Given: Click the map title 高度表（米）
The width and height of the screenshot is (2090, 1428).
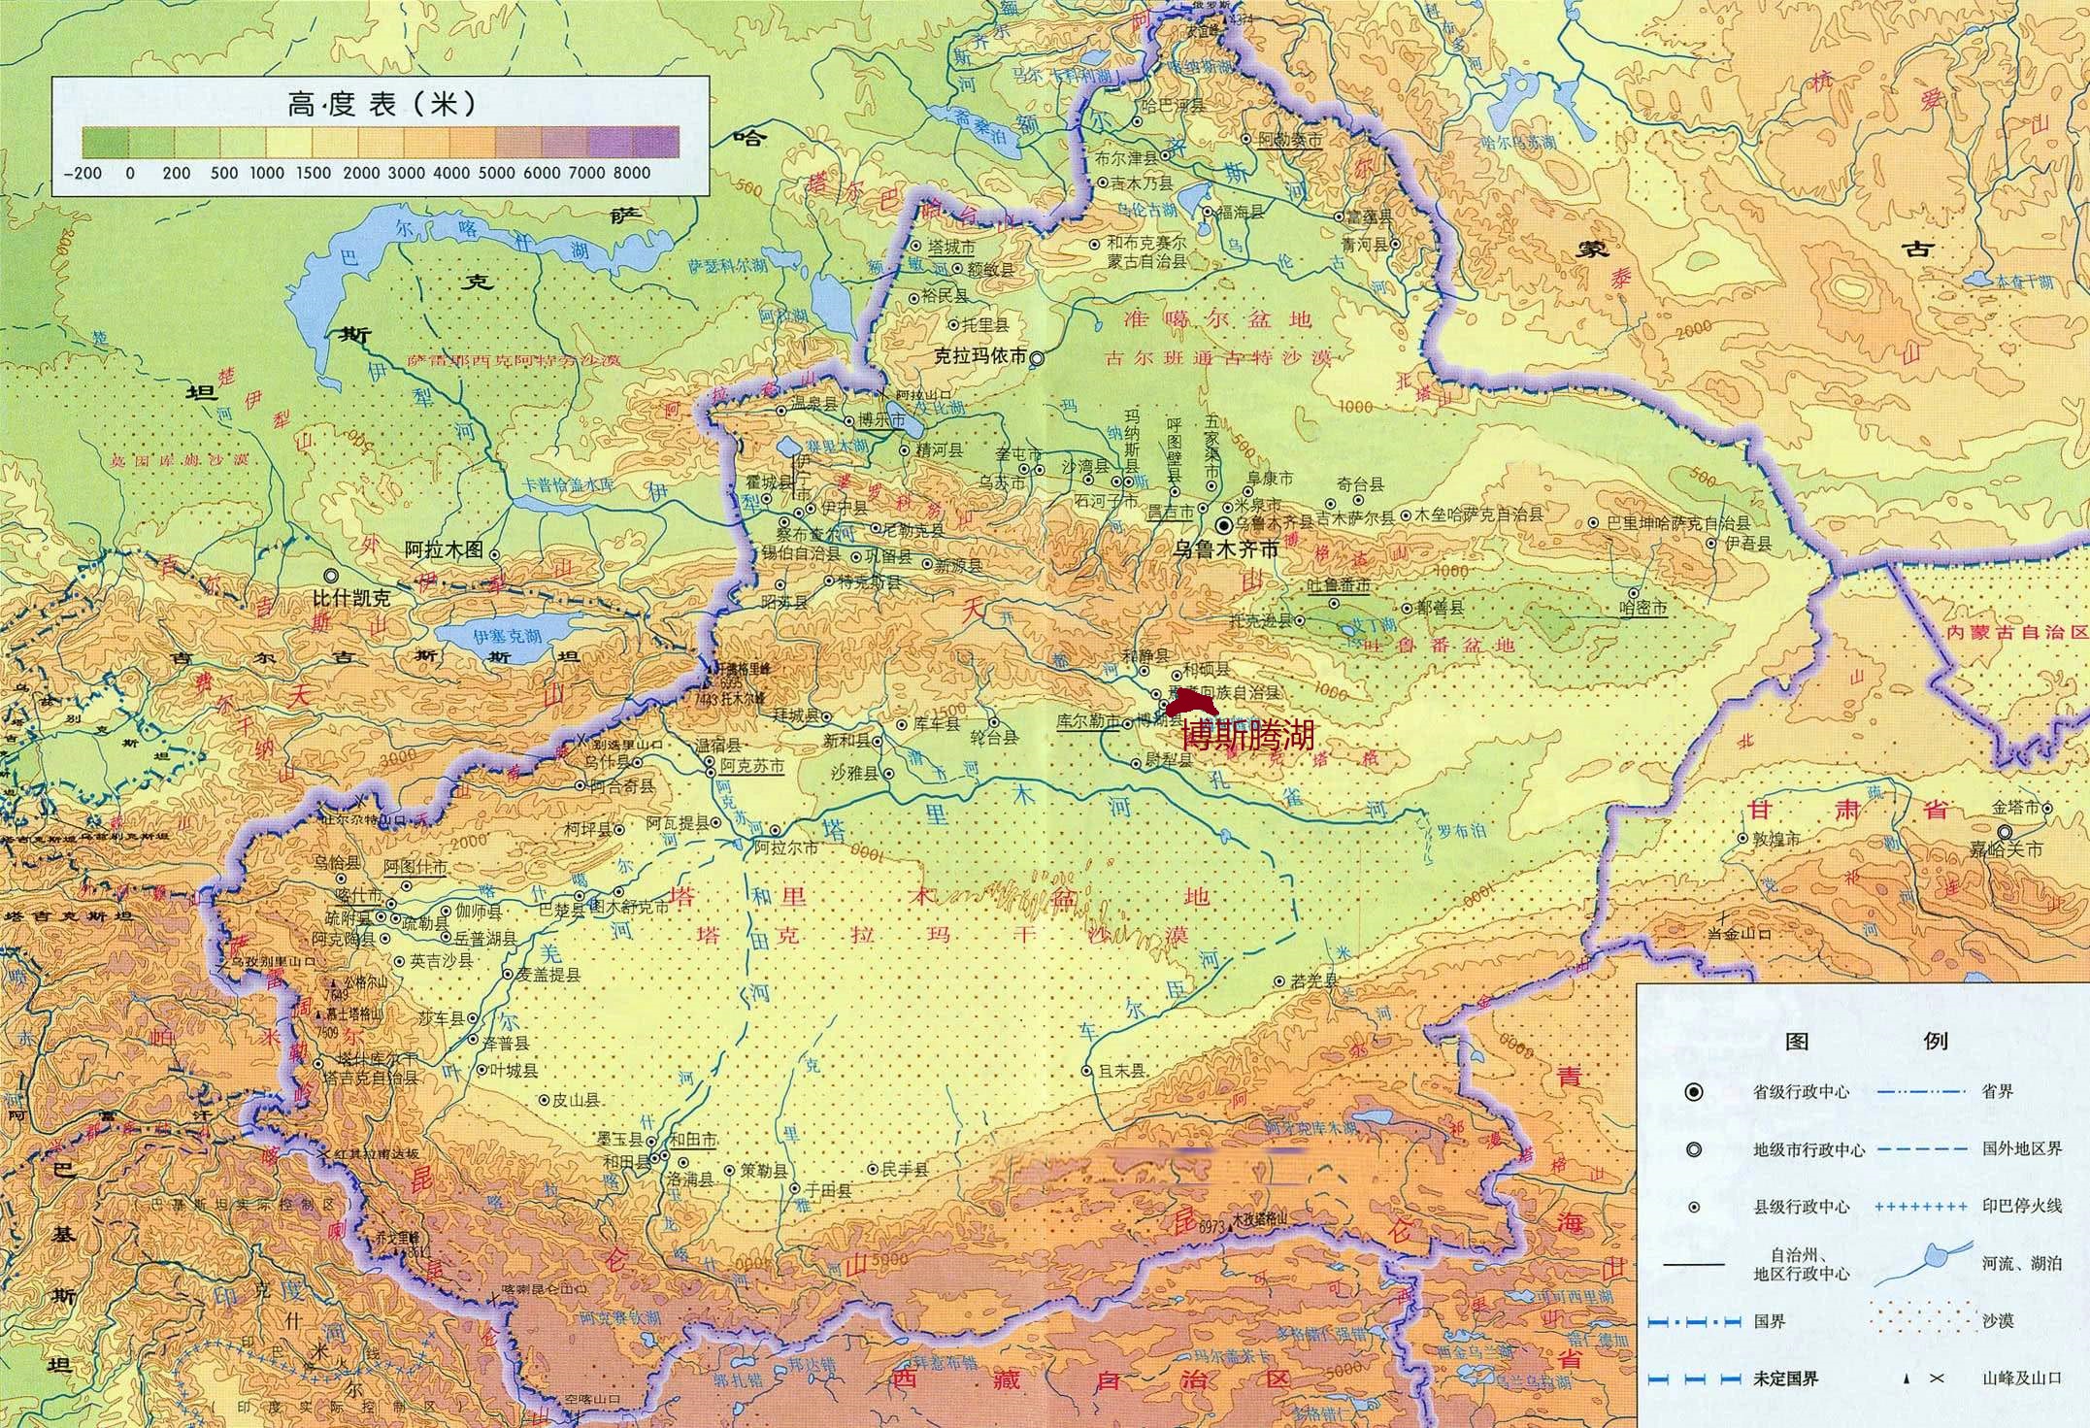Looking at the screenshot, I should [380, 104].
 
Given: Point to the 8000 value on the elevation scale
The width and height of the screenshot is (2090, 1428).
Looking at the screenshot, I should [631, 173].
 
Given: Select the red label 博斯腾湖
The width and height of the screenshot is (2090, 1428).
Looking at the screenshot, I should [1247, 735].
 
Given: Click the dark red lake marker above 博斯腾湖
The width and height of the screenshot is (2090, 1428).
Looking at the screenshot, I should [1192, 702].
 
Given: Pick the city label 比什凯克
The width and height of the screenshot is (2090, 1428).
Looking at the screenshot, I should [350, 599].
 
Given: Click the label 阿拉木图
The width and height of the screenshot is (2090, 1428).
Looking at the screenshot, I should [443, 549].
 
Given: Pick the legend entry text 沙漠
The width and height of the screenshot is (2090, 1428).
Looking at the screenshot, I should [1998, 1321].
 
